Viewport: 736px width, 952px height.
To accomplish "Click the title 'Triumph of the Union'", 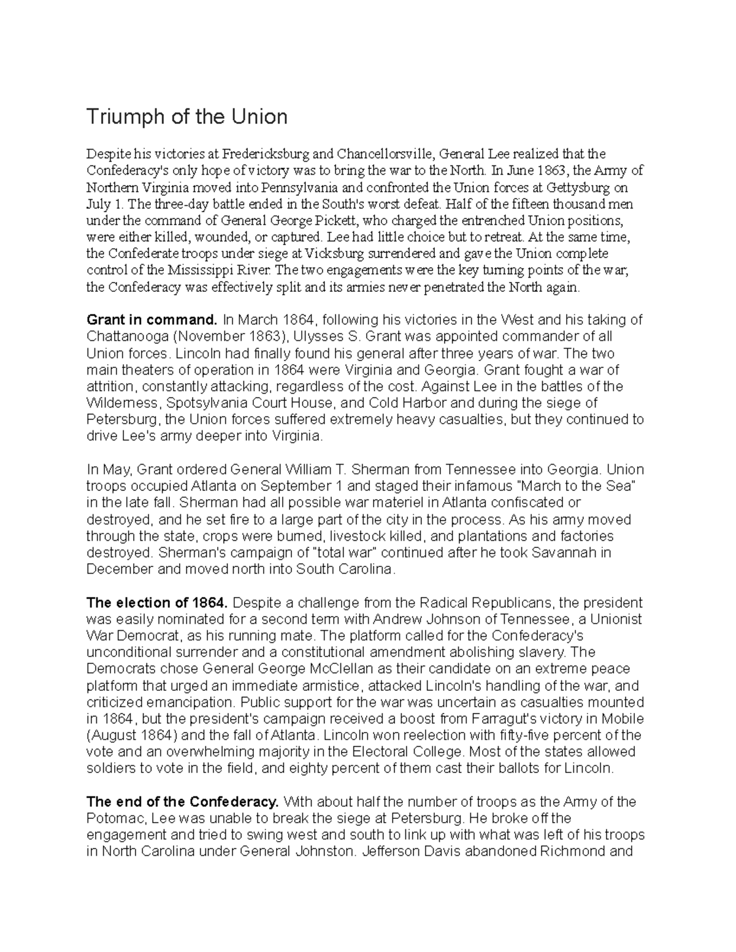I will click(x=186, y=116).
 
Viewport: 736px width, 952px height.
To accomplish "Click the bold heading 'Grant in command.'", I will click(x=152, y=320).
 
